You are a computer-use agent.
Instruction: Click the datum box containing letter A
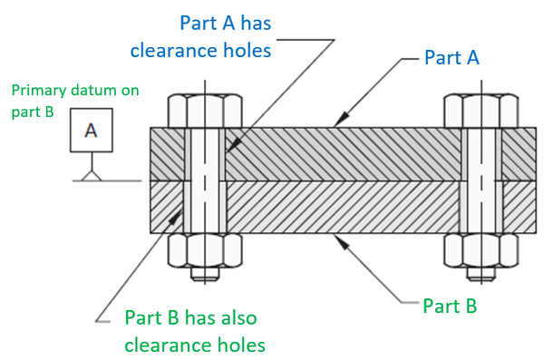coord(90,130)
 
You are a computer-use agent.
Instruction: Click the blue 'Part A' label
coord(452,57)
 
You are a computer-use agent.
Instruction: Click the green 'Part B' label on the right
coord(451,306)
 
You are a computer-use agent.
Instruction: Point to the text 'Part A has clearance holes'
coord(213,35)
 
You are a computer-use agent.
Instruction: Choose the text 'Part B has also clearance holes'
coord(191,330)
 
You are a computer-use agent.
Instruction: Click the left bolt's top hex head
coord(205,109)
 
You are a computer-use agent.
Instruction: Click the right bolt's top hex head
coord(481,109)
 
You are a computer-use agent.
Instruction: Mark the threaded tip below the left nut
coord(205,273)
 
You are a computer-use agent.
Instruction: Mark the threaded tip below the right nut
coord(481,273)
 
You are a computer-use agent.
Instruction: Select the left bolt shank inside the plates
coord(205,181)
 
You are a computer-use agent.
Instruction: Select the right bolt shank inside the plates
coord(481,181)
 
